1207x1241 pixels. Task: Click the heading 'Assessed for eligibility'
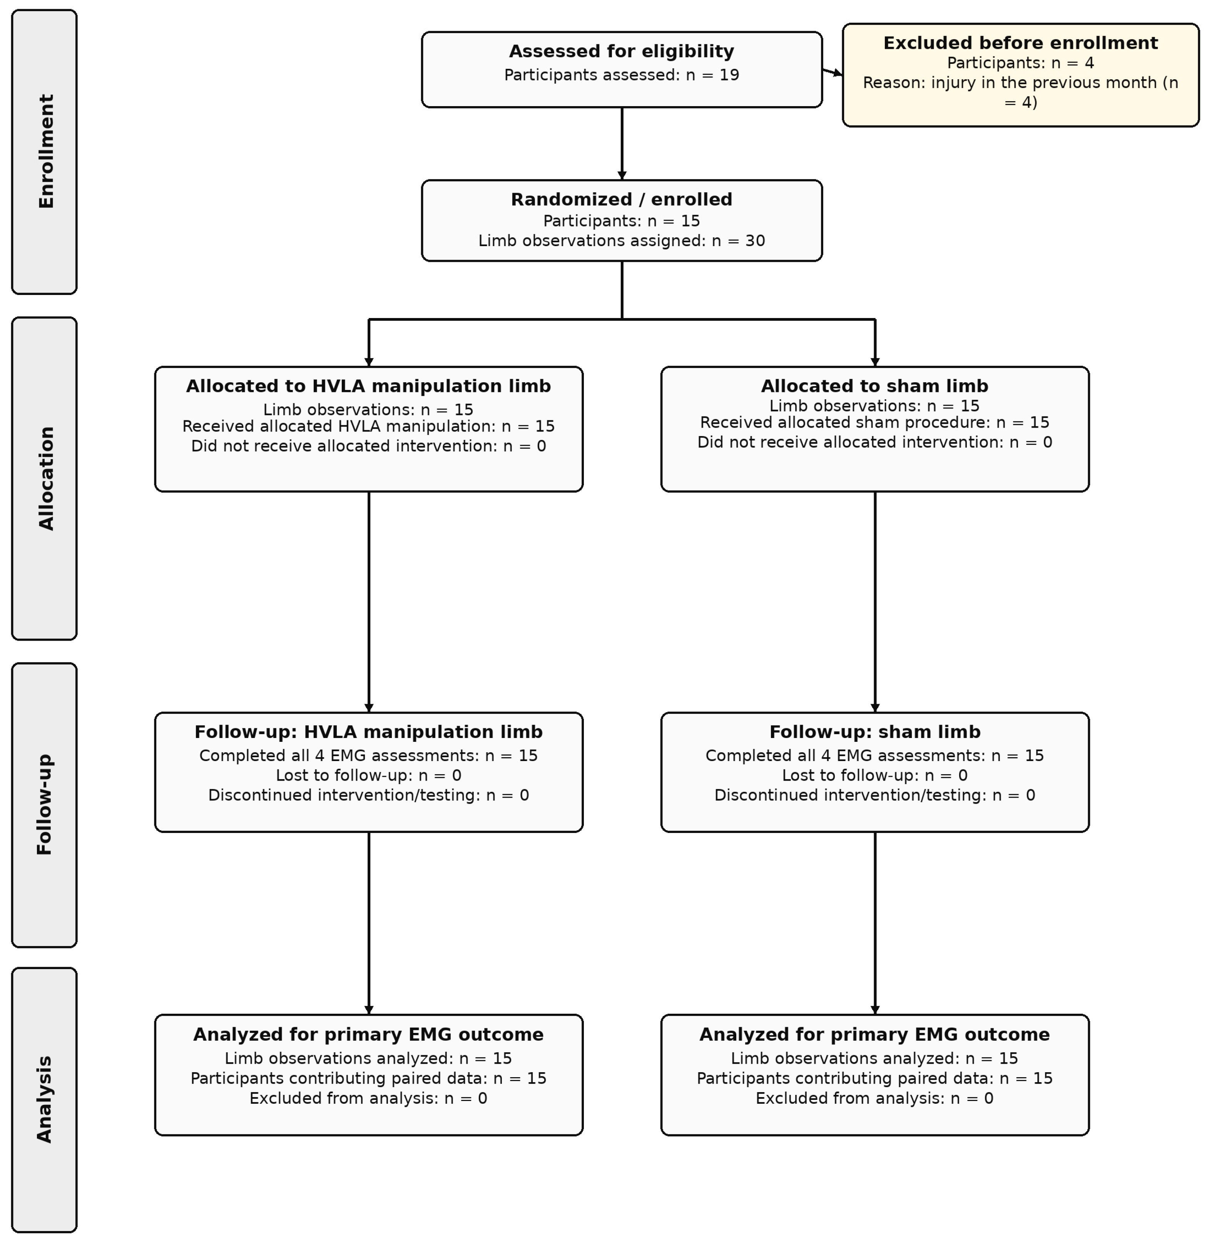click(621, 51)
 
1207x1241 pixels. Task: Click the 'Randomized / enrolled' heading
click(621, 200)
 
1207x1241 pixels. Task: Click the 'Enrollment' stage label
click(46, 152)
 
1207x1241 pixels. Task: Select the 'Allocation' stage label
click(46, 478)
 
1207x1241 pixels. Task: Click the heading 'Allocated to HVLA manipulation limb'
click(368, 386)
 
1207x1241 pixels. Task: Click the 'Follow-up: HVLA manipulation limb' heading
click(368, 732)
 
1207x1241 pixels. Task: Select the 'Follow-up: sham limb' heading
click(875, 732)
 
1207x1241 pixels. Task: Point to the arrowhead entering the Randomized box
click(622, 175)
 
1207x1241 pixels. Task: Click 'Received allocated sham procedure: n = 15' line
click(875, 423)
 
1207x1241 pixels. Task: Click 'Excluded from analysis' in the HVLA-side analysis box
click(368, 1098)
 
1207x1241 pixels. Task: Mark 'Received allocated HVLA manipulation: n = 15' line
click(368, 426)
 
